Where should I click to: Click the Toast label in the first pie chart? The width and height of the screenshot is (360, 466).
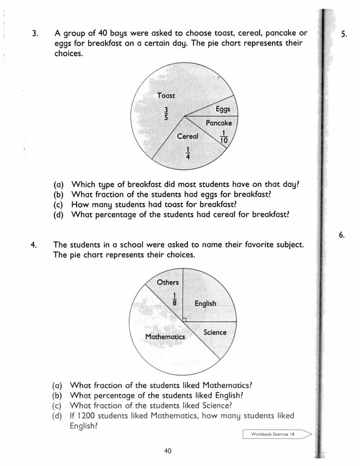tap(166, 95)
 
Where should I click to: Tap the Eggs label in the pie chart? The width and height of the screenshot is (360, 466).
tap(222, 109)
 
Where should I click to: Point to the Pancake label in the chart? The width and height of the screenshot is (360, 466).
tap(218, 123)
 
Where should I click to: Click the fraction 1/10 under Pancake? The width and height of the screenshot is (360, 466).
tap(224, 137)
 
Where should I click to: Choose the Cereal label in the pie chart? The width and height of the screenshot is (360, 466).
tap(187, 137)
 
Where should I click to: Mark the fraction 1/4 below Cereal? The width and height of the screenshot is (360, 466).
tap(187, 153)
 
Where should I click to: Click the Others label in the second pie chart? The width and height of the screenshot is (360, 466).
tap(168, 282)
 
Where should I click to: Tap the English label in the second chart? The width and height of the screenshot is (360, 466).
tap(205, 304)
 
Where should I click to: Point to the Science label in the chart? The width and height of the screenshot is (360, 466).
tap(214, 332)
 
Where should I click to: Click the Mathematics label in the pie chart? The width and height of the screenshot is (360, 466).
tap(165, 337)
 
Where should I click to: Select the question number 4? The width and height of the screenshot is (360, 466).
tap(34, 245)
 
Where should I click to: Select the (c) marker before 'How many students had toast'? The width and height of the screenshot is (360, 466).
tap(58, 204)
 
